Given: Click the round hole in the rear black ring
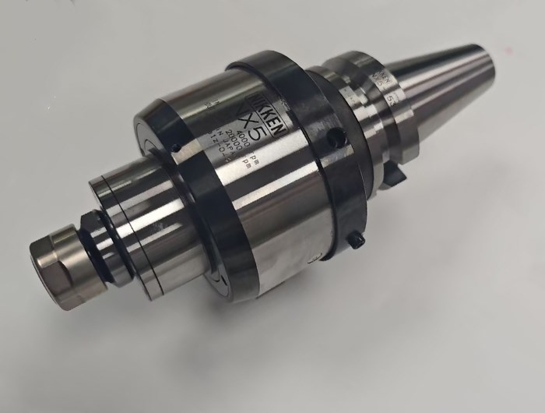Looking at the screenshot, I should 336,139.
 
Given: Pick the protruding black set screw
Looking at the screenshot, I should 358,242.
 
